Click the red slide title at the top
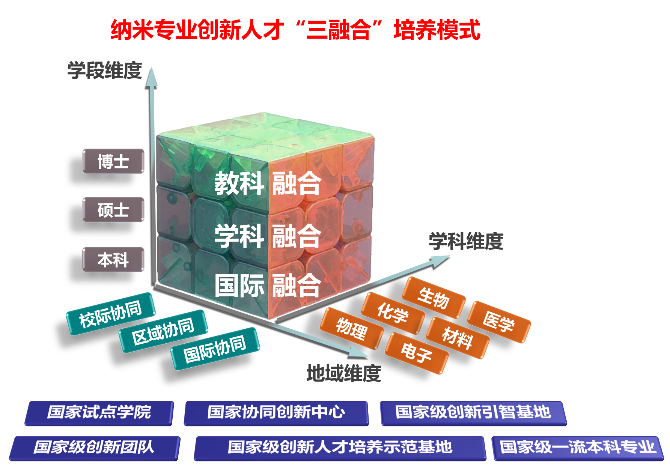coord(295,30)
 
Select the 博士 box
coord(113,161)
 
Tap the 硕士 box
coord(113,209)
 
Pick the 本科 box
coord(113,259)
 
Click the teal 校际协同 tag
coord(111,314)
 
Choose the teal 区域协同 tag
coord(163,331)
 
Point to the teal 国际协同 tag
coord(215,349)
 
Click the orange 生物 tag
coord(434,298)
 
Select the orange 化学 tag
coord(393,313)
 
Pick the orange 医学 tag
coord(499,322)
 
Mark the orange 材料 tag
coord(458,338)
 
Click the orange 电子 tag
coord(416,353)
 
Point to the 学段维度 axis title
coord(105,70)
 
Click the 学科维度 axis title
coord(466,241)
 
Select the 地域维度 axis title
coord(344,373)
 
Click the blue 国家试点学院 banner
coord(99,413)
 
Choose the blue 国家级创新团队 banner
coord(94,448)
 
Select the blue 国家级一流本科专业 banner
coord(577,448)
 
